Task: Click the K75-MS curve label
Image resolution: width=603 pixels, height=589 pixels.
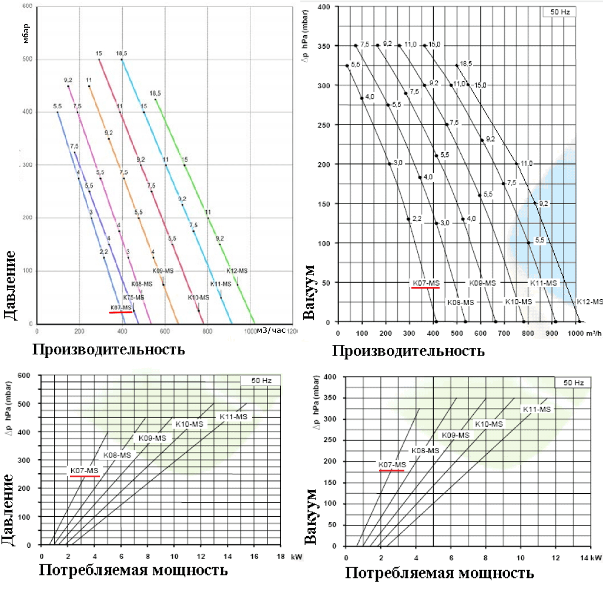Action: [133, 297]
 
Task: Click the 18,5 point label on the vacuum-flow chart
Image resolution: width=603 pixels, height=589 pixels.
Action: [466, 63]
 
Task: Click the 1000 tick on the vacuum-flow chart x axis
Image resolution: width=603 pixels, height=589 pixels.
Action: [577, 333]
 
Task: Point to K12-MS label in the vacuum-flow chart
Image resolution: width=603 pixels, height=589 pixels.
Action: [589, 302]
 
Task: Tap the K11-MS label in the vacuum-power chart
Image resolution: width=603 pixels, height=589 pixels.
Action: [537, 409]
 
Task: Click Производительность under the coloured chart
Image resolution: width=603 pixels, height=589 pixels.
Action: [108, 350]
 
